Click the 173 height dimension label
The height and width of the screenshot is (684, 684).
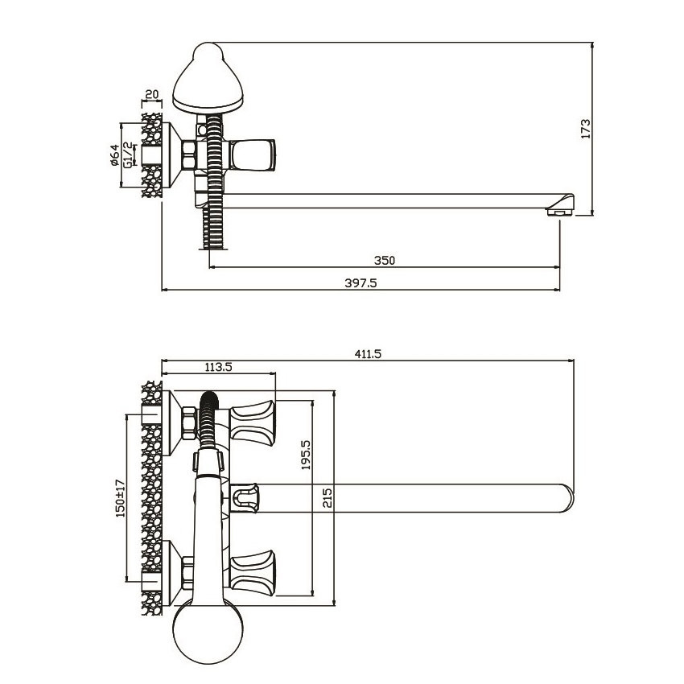[x=585, y=129]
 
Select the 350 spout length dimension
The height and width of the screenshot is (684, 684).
[x=385, y=261]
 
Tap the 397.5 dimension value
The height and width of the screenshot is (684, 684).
[x=361, y=283]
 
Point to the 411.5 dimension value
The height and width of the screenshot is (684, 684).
[x=368, y=354]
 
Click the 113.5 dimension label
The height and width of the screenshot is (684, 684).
[x=219, y=367]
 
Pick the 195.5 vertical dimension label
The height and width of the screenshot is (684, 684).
[x=307, y=455]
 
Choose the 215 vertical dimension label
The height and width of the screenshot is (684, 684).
[x=328, y=498]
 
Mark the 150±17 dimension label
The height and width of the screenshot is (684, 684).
[x=121, y=498]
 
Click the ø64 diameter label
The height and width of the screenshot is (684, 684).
[x=115, y=155]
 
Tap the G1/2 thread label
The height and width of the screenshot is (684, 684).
[x=128, y=155]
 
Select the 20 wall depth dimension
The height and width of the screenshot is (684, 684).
[x=151, y=94]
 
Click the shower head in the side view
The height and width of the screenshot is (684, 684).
[x=208, y=77]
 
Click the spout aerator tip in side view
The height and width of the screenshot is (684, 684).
[x=560, y=205]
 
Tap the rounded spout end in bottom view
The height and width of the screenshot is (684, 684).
[x=566, y=498]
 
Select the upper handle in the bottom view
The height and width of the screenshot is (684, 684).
[x=253, y=422]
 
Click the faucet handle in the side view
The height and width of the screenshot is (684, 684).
[x=252, y=155]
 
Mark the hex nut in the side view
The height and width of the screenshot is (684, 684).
[x=189, y=155]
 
